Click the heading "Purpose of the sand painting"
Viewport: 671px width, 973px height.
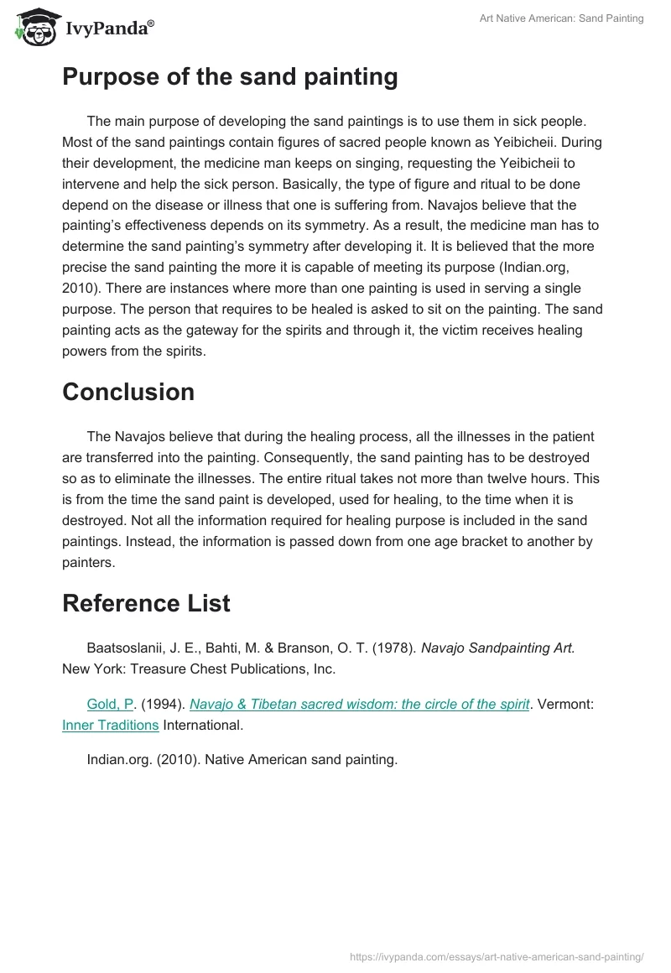(x=230, y=77)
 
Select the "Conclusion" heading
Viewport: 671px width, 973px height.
(x=128, y=392)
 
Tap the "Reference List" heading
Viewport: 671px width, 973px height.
(x=146, y=603)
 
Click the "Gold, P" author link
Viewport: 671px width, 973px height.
(x=110, y=705)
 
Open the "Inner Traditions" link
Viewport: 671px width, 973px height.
(x=111, y=725)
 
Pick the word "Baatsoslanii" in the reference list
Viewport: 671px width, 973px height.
(x=124, y=648)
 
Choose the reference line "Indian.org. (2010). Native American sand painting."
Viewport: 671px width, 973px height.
(x=242, y=761)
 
